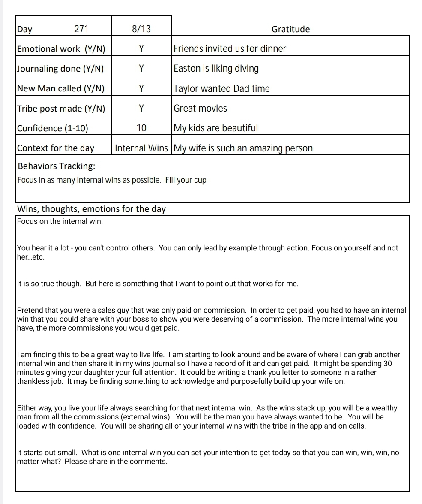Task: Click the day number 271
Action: pyautogui.click(x=81, y=29)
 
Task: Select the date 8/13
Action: pyautogui.click(x=141, y=29)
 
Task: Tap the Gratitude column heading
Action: pyautogui.click(x=290, y=29)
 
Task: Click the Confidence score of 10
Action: pyautogui.click(x=141, y=128)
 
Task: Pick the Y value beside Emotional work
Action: pyautogui.click(x=141, y=49)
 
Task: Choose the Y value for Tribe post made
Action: pyautogui.click(x=141, y=109)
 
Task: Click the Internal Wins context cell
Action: pyautogui.click(x=141, y=148)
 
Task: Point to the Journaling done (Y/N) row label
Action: pyautogui.click(x=60, y=69)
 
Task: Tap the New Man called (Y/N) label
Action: pyautogui.click(x=60, y=88)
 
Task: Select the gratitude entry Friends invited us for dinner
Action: pyautogui.click(x=230, y=49)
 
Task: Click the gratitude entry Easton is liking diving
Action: pyautogui.click(x=216, y=69)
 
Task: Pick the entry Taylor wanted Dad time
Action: pyautogui.click(x=221, y=89)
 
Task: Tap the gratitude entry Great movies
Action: pyautogui.click(x=200, y=109)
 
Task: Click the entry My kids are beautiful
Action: pyautogui.click(x=215, y=128)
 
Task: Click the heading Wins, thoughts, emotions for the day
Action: pyautogui.click(x=91, y=209)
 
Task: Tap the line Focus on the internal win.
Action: pyautogui.click(x=60, y=222)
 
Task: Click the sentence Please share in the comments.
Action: pyautogui.click(x=116, y=462)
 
